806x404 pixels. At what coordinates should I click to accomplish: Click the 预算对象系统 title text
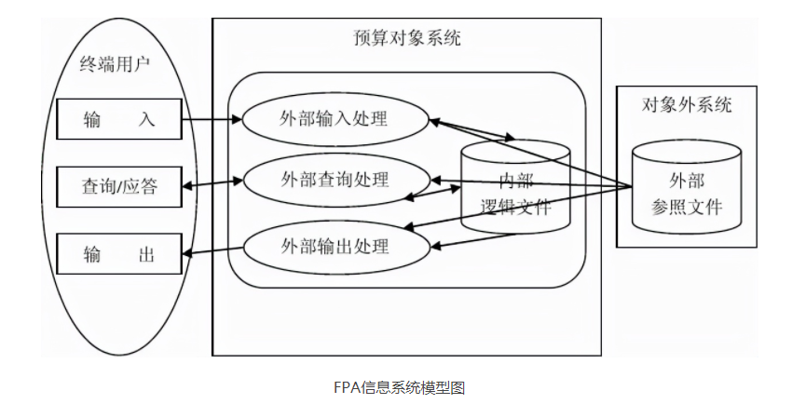click(x=407, y=39)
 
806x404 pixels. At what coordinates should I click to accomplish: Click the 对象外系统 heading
click(x=687, y=104)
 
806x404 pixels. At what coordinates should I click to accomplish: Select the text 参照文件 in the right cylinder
click(x=687, y=206)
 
